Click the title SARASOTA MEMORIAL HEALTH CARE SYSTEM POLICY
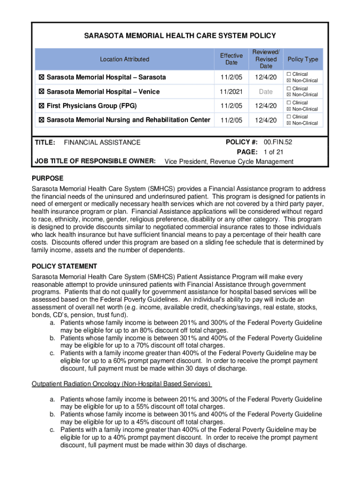click(180, 36)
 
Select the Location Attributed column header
click(124, 59)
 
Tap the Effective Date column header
click(231, 59)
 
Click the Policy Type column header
click(302, 59)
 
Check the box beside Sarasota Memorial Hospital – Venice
click(41, 92)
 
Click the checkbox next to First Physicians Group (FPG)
click(41, 106)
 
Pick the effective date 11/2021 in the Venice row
click(231, 92)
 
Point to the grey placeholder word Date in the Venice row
click(266, 92)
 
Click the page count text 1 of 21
click(273, 152)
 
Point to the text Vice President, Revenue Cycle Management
click(229, 162)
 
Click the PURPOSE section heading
click(47, 178)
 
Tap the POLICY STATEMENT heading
click(64, 266)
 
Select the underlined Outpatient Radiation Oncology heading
click(122, 384)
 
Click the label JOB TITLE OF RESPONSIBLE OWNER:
click(95, 161)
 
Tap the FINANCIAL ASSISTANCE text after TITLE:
click(102, 142)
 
